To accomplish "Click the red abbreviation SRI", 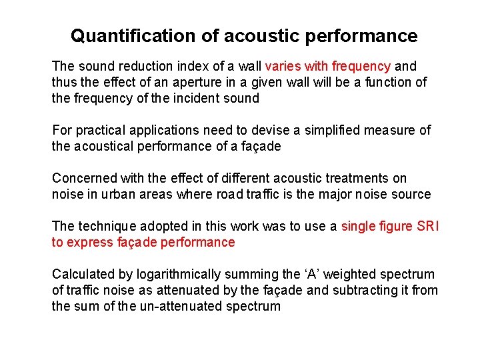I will (427, 226).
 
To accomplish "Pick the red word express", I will (89, 242).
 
